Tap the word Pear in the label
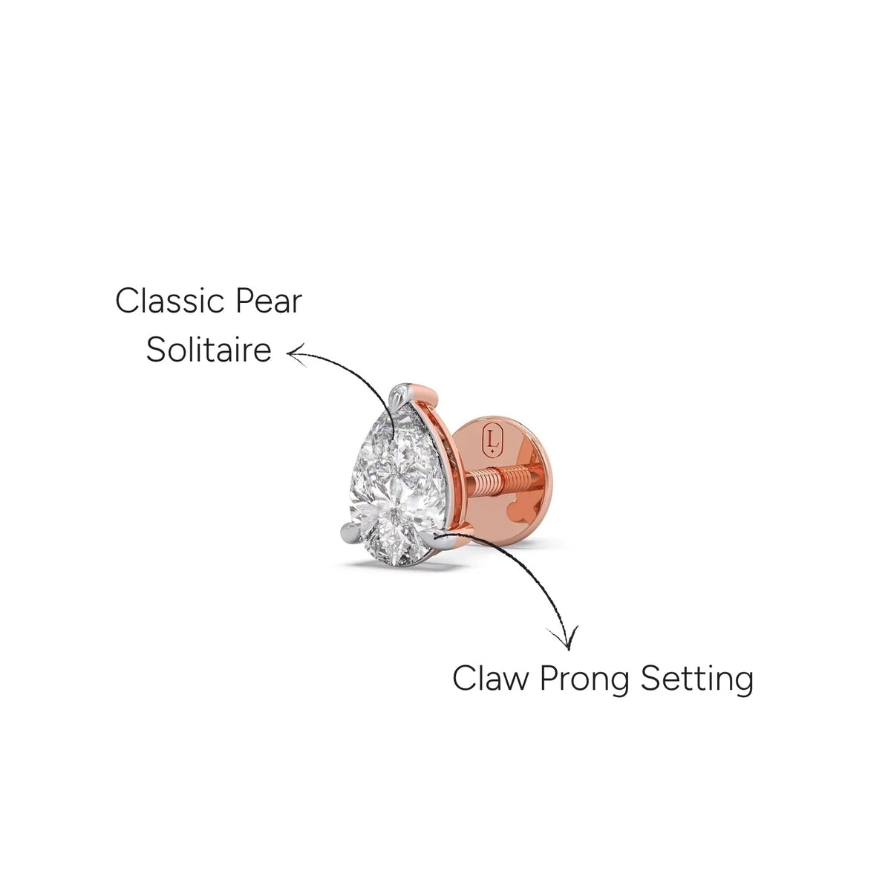click(x=269, y=301)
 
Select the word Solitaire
click(x=209, y=350)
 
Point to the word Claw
click(x=489, y=679)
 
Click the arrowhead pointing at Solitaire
click(x=296, y=355)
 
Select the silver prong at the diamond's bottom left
click(x=351, y=533)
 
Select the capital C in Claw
click(x=464, y=679)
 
